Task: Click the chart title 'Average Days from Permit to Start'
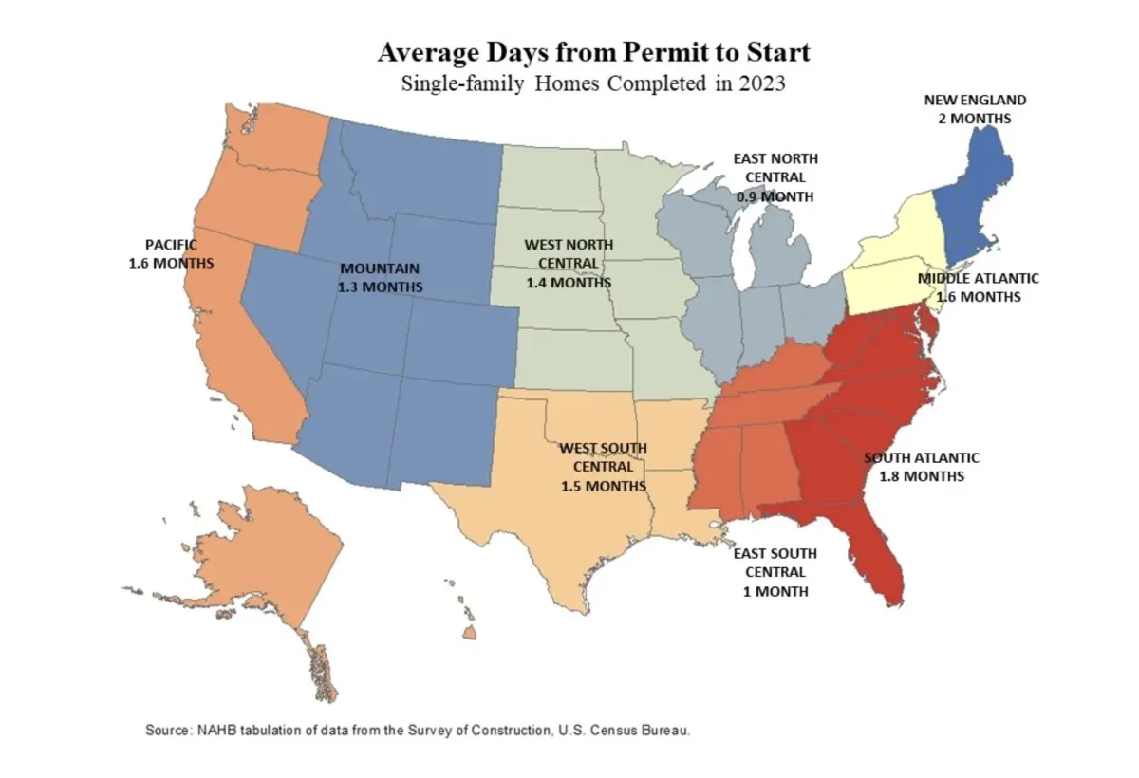pyautogui.click(x=594, y=51)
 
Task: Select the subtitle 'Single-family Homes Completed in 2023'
pyautogui.click(x=594, y=83)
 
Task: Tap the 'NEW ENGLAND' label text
pyautogui.click(x=975, y=100)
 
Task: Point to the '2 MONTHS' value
pyautogui.click(x=975, y=119)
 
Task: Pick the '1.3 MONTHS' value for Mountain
pyautogui.click(x=380, y=286)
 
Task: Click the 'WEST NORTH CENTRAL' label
pyautogui.click(x=569, y=253)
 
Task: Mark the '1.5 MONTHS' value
pyautogui.click(x=603, y=486)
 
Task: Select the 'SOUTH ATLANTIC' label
pyautogui.click(x=922, y=457)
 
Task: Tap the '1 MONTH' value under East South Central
pyautogui.click(x=775, y=591)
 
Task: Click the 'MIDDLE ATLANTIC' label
pyautogui.click(x=978, y=278)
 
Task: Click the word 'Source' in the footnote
pyautogui.click(x=168, y=731)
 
